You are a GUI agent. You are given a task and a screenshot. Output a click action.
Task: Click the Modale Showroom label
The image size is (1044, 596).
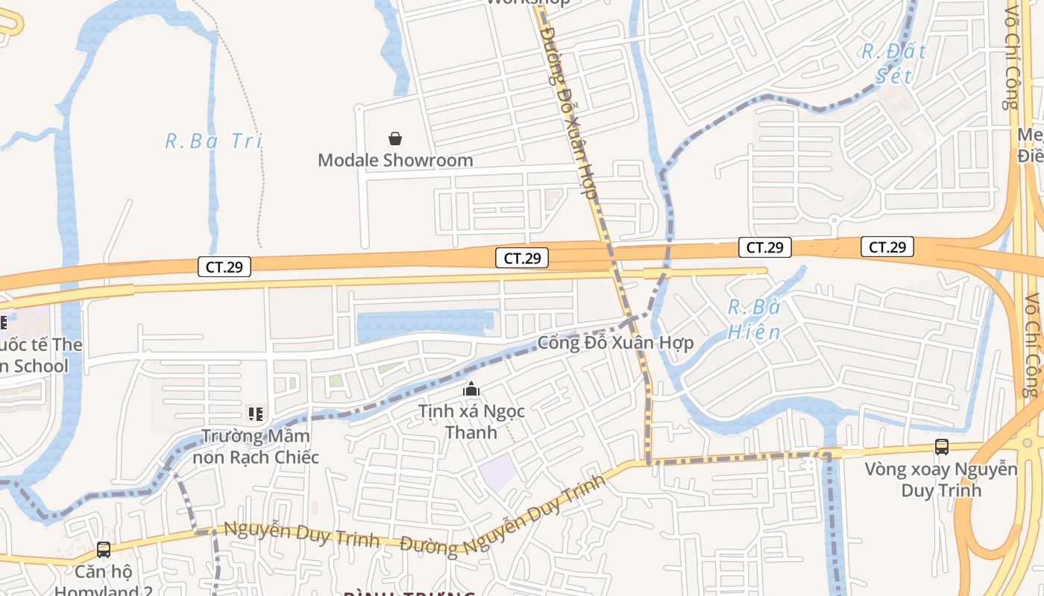(x=395, y=160)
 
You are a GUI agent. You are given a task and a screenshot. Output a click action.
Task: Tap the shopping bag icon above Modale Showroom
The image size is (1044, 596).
(x=395, y=139)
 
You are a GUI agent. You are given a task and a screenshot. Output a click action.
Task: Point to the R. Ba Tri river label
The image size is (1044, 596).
(x=214, y=141)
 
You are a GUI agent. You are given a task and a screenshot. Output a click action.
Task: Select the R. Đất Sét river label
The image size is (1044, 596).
(x=893, y=63)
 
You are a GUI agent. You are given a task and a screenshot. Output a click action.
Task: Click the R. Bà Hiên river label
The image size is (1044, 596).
(x=754, y=320)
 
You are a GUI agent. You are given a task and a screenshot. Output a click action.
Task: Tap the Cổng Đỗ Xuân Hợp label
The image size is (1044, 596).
(x=615, y=343)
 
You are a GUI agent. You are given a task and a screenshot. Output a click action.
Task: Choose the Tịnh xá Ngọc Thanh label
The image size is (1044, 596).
(x=471, y=421)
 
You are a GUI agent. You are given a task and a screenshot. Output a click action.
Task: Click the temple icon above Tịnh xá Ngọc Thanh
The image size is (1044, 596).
(x=471, y=389)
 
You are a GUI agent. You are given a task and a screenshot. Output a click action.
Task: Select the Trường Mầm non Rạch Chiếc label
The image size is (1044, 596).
(x=256, y=446)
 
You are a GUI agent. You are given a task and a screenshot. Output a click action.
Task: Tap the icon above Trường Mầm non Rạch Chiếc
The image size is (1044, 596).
(x=256, y=413)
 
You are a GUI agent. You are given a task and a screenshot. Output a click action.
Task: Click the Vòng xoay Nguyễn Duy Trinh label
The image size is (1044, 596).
(x=941, y=479)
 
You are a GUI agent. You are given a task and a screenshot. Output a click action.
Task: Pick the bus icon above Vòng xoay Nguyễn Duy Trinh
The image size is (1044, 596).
(x=942, y=447)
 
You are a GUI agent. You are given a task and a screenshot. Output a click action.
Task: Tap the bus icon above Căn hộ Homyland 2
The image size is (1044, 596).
(x=104, y=550)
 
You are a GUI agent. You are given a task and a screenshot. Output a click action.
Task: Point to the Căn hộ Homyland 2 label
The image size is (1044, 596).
(x=104, y=581)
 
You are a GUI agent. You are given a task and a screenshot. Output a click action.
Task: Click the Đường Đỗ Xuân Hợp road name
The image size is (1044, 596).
(x=568, y=112)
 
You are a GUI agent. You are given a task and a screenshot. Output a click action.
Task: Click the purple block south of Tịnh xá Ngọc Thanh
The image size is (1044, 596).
(x=497, y=472)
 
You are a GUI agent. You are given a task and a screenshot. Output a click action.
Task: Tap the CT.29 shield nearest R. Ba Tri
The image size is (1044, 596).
(x=224, y=266)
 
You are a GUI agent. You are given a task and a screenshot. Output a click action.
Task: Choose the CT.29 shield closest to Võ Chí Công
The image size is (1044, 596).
(x=887, y=247)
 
